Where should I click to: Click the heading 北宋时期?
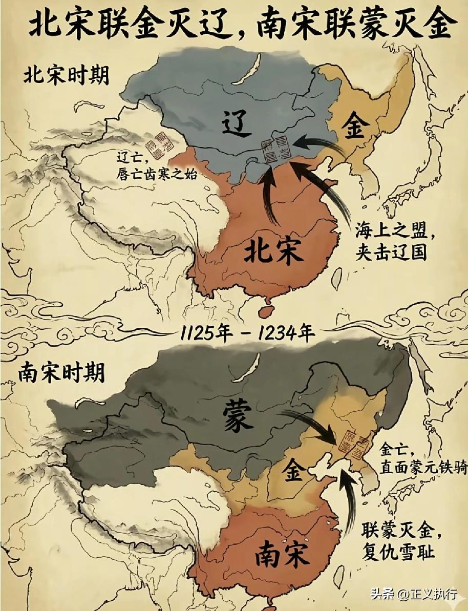click(66, 75)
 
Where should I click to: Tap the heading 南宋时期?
click(61, 372)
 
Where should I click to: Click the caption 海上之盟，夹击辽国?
click(391, 243)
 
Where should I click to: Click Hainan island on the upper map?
click(266, 310)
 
